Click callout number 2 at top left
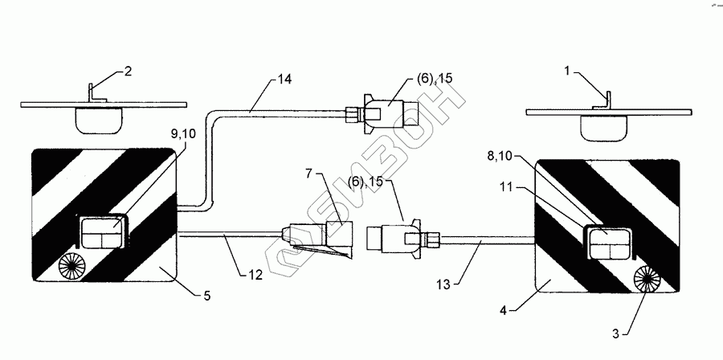click(x=127, y=72)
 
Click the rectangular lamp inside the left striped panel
click(x=98, y=234)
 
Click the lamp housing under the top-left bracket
click(x=97, y=121)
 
